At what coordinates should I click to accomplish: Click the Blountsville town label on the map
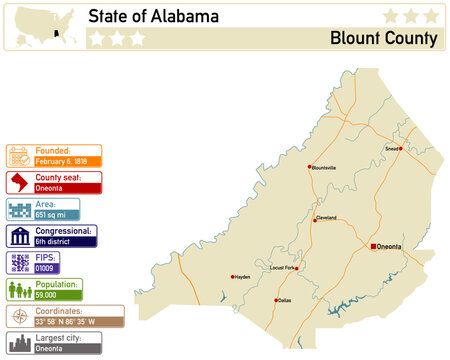point(324,168)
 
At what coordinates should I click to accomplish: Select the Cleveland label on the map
point(326,217)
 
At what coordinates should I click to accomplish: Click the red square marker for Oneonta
point(374,246)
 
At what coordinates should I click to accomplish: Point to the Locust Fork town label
point(283,268)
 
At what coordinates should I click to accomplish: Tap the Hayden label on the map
point(242,277)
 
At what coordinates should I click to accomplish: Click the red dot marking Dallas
point(276,300)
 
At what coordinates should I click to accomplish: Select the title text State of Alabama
point(153,17)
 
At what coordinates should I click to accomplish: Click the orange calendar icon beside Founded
point(19,155)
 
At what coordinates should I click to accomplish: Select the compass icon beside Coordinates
point(19,317)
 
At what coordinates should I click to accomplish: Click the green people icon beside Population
point(19,290)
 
